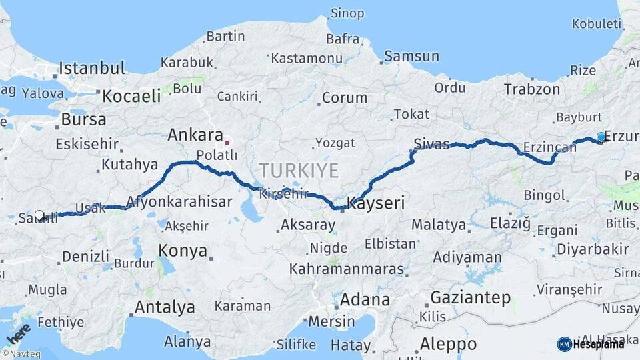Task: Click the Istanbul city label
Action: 92,68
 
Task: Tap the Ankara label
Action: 195,135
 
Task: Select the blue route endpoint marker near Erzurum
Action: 601,137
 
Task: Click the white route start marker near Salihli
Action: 39,215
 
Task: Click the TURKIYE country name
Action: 299,171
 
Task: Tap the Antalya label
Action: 165,307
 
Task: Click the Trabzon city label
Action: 532,89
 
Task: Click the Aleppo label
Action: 448,344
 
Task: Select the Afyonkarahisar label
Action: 179,201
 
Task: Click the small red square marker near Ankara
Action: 227,142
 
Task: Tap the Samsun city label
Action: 412,57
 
